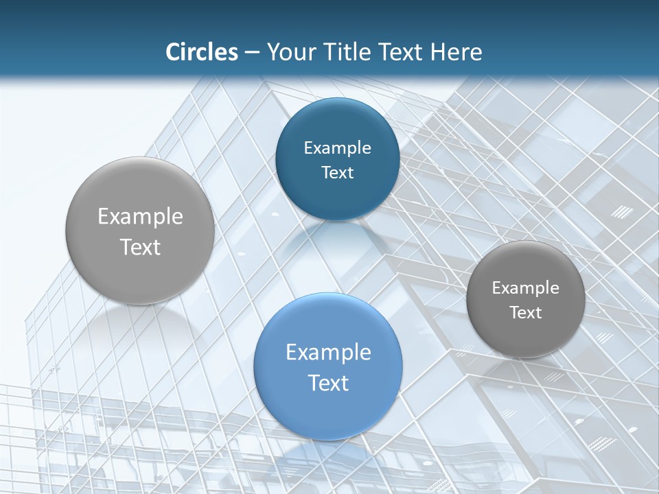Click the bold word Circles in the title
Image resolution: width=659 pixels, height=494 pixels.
(201, 52)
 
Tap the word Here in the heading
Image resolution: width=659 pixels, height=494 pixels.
(456, 52)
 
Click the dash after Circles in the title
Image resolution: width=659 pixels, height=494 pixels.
(251, 53)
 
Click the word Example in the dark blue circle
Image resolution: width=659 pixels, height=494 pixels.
(337, 148)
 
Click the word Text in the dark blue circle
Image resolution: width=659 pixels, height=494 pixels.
(337, 173)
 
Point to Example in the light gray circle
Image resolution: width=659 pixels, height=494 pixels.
(140, 217)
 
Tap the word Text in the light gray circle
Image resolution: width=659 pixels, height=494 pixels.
(140, 247)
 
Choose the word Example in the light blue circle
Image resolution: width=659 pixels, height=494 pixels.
(328, 353)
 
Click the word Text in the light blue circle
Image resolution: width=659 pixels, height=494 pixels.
(328, 383)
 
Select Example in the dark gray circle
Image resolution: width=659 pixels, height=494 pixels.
(525, 288)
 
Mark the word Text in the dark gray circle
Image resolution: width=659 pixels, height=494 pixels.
(525, 313)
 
